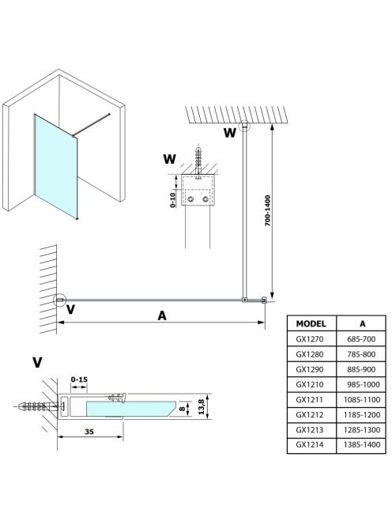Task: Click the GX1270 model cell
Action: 310,339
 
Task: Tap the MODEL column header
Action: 311,323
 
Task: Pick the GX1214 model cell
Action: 310,444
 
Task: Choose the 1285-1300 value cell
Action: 362,429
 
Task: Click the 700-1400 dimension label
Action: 267,210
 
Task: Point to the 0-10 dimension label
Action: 172,200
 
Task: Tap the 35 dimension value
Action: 89,432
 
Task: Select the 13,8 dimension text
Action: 202,407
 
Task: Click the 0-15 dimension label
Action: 79,380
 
